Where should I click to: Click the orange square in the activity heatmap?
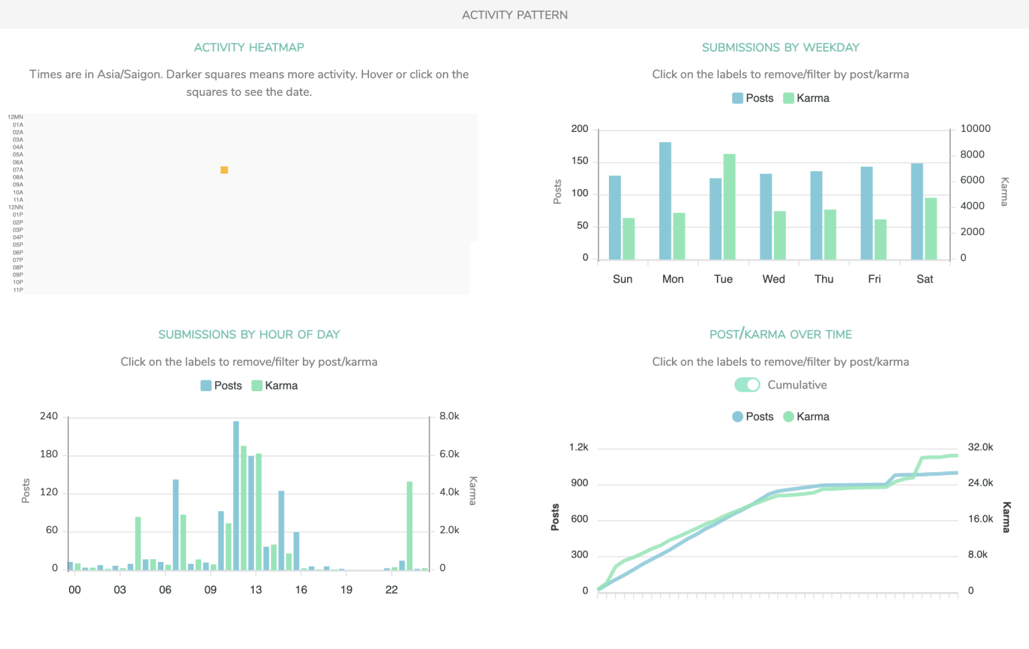(x=224, y=170)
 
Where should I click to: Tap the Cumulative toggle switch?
(x=747, y=385)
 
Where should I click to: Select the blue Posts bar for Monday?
(x=665, y=200)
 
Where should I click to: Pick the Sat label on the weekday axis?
(x=924, y=279)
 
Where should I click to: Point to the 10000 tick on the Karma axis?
(x=975, y=129)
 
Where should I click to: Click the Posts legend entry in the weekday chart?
(x=753, y=98)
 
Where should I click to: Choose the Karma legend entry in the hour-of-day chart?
(x=275, y=386)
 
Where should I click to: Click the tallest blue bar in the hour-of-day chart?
(x=236, y=495)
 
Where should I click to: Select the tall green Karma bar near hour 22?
(x=409, y=525)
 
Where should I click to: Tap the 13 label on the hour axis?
(x=256, y=590)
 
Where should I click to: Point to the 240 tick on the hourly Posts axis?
(x=49, y=417)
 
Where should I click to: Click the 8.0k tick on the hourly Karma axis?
(x=449, y=417)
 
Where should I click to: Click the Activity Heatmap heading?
(x=249, y=48)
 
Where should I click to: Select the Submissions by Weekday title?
(x=780, y=48)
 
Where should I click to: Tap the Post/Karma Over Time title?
(x=780, y=334)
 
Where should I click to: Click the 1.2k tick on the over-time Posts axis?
(x=579, y=447)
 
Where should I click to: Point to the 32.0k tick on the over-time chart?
(x=980, y=447)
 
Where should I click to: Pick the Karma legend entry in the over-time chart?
(x=807, y=417)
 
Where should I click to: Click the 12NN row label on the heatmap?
(x=15, y=208)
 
